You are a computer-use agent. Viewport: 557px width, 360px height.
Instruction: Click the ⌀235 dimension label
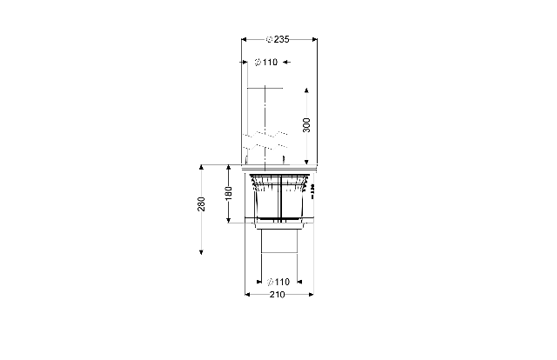pyautogui.click(x=278, y=39)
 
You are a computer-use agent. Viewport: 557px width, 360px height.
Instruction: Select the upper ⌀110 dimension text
pyautogui.click(x=266, y=62)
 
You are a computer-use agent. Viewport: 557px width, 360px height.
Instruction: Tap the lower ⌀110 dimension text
pyautogui.click(x=278, y=282)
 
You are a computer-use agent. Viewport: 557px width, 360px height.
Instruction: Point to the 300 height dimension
pyautogui.click(x=306, y=125)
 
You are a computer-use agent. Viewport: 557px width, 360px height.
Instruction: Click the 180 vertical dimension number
pyautogui.click(x=228, y=193)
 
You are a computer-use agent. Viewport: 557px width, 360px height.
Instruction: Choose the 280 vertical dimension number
pyautogui.click(x=201, y=203)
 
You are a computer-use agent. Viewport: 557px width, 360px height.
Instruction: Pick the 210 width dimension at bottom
pyautogui.click(x=277, y=295)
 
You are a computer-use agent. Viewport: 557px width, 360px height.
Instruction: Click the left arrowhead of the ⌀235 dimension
pyautogui.click(x=244, y=39)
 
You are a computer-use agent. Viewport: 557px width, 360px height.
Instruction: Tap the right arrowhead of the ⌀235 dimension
pyautogui.click(x=314, y=39)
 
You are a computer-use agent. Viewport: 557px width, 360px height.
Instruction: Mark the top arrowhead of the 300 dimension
pyautogui.click(x=306, y=90)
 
